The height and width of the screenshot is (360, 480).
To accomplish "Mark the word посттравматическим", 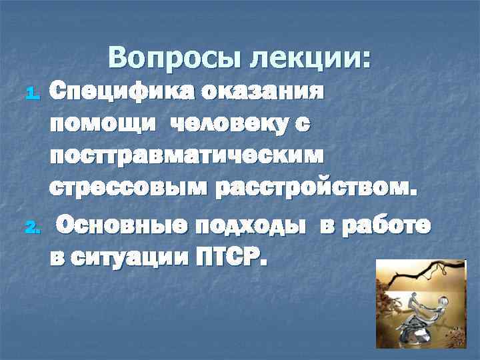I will [186, 155].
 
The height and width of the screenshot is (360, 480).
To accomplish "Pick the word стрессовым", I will [127, 189].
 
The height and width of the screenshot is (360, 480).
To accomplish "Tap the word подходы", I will [254, 225].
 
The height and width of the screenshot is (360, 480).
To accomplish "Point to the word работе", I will [387, 225].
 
